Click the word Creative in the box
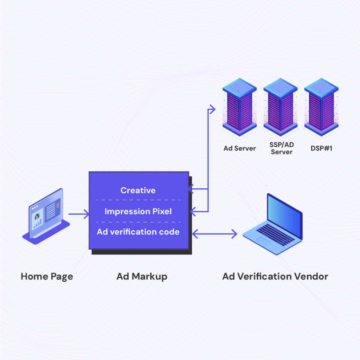pos(138,190)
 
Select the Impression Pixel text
pos(138,211)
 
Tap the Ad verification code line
pos(138,232)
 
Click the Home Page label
pos(47,276)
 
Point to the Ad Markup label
pos(142,276)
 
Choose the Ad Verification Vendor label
pos(275,276)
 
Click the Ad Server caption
pos(240,148)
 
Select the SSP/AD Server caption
pos(281,148)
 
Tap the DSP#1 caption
pos(321,148)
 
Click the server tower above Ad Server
pos(240,107)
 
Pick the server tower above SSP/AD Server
pos(281,107)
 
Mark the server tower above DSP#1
pos(321,107)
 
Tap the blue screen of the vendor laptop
pos(285,214)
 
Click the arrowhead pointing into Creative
pos(191,190)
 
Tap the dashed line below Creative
pos(138,200)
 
